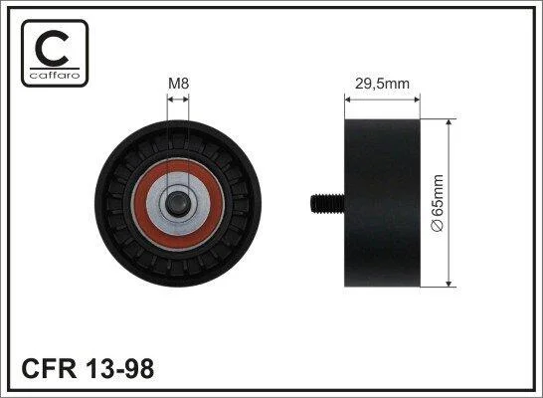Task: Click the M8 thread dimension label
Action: (x=178, y=84)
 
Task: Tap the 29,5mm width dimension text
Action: (x=382, y=84)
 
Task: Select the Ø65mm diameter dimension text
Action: (x=437, y=203)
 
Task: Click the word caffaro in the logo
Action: (x=55, y=76)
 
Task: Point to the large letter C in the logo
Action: (x=53, y=48)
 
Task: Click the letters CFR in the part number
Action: (x=49, y=368)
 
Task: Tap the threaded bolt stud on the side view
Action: (x=327, y=204)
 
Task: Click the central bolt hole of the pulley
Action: (x=178, y=204)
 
